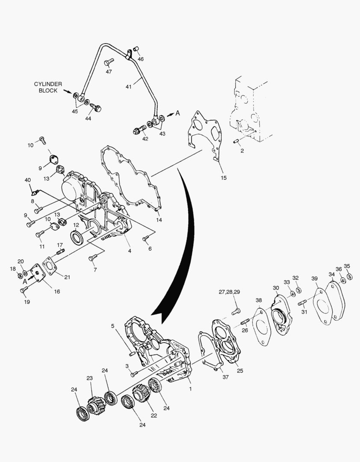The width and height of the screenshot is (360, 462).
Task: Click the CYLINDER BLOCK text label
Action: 48,87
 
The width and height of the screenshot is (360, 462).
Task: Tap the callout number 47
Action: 109,71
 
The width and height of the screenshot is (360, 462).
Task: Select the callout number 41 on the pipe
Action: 128,87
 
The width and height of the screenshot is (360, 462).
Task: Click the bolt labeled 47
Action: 108,62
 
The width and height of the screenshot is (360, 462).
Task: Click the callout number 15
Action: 224,178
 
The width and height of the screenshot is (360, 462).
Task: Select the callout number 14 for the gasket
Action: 159,220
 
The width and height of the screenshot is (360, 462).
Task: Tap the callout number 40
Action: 28,180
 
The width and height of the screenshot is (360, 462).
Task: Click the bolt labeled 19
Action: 24,290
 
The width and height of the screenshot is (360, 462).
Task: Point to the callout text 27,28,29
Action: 229,292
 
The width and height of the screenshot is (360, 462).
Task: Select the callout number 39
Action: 315,279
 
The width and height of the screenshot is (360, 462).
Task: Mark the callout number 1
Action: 190,389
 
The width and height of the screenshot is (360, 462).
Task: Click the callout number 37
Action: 225,377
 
